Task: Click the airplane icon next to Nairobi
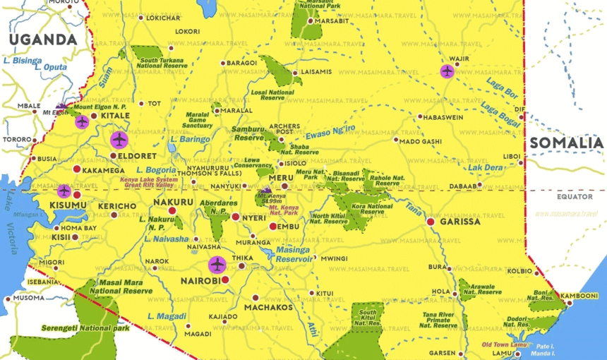pos(217,265)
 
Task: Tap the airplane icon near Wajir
pos(447,71)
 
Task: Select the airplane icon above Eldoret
pos(119,139)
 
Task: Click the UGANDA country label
pos(42,40)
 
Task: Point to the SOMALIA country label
pos(567,143)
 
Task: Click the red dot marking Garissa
pos(431,222)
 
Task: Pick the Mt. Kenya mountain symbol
pos(265,191)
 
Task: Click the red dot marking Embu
pos(273,226)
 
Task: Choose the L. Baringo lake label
pos(190,140)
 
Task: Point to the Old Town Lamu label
pos(505,344)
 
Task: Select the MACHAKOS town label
pos(268,308)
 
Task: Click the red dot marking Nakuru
pos(172,210)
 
